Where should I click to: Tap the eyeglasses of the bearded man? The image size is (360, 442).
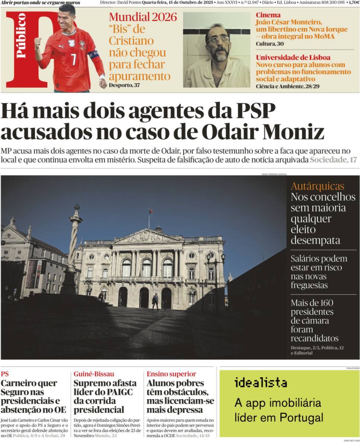coord(218,39)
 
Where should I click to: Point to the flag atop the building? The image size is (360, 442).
coord(150,211)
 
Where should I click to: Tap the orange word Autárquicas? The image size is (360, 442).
coord(317,186)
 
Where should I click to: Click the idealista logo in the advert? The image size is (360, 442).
coord(261,382)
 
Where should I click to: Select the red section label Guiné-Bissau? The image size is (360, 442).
coord(94,374)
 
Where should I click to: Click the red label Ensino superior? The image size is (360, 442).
coord(171,374)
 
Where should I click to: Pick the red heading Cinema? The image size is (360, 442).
coord(268,15)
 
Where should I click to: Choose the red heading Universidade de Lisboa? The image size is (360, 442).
coord(293,57)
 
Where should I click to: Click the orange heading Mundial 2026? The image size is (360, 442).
coord(143,17)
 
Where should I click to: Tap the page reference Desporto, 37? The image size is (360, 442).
coord(125,85)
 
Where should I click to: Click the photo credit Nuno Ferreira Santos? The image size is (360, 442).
coord(274,174)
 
